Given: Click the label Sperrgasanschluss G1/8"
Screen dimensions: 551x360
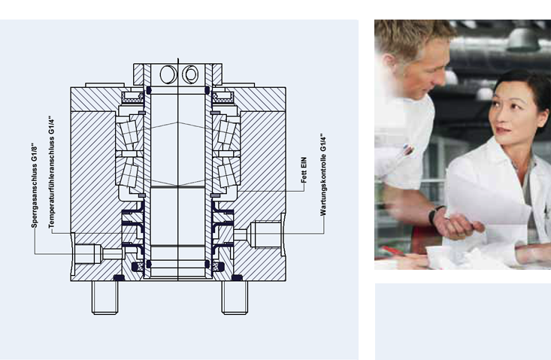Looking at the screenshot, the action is click(x=34, y=186).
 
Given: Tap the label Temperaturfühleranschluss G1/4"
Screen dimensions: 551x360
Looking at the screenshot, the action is click(x=51, y=172).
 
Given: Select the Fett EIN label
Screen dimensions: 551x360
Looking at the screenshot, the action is click(x=304, y=170).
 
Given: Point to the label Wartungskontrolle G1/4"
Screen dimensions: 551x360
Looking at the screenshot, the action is click(x=323, y=174).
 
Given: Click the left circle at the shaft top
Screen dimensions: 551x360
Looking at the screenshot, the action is click(x=168, y=74).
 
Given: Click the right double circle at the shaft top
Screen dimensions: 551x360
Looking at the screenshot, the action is click(x=190, y=74).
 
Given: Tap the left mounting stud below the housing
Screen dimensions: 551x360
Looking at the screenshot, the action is click(x=104, y=298).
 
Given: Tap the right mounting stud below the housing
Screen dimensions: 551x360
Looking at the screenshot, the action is click(x=235, y=298).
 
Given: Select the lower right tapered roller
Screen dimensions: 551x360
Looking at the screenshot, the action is click(x=227, y=175).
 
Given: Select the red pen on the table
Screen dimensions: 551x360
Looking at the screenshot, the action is click(x=392, y=250).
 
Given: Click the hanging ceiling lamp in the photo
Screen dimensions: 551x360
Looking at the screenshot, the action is click(x=523, y=38).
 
